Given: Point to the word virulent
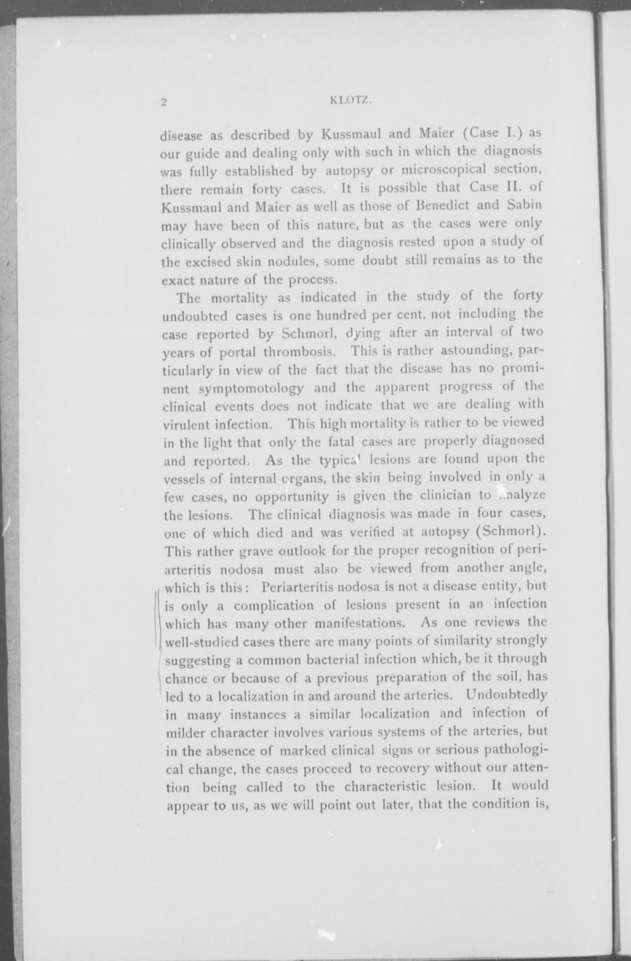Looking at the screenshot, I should pos(186,425).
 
